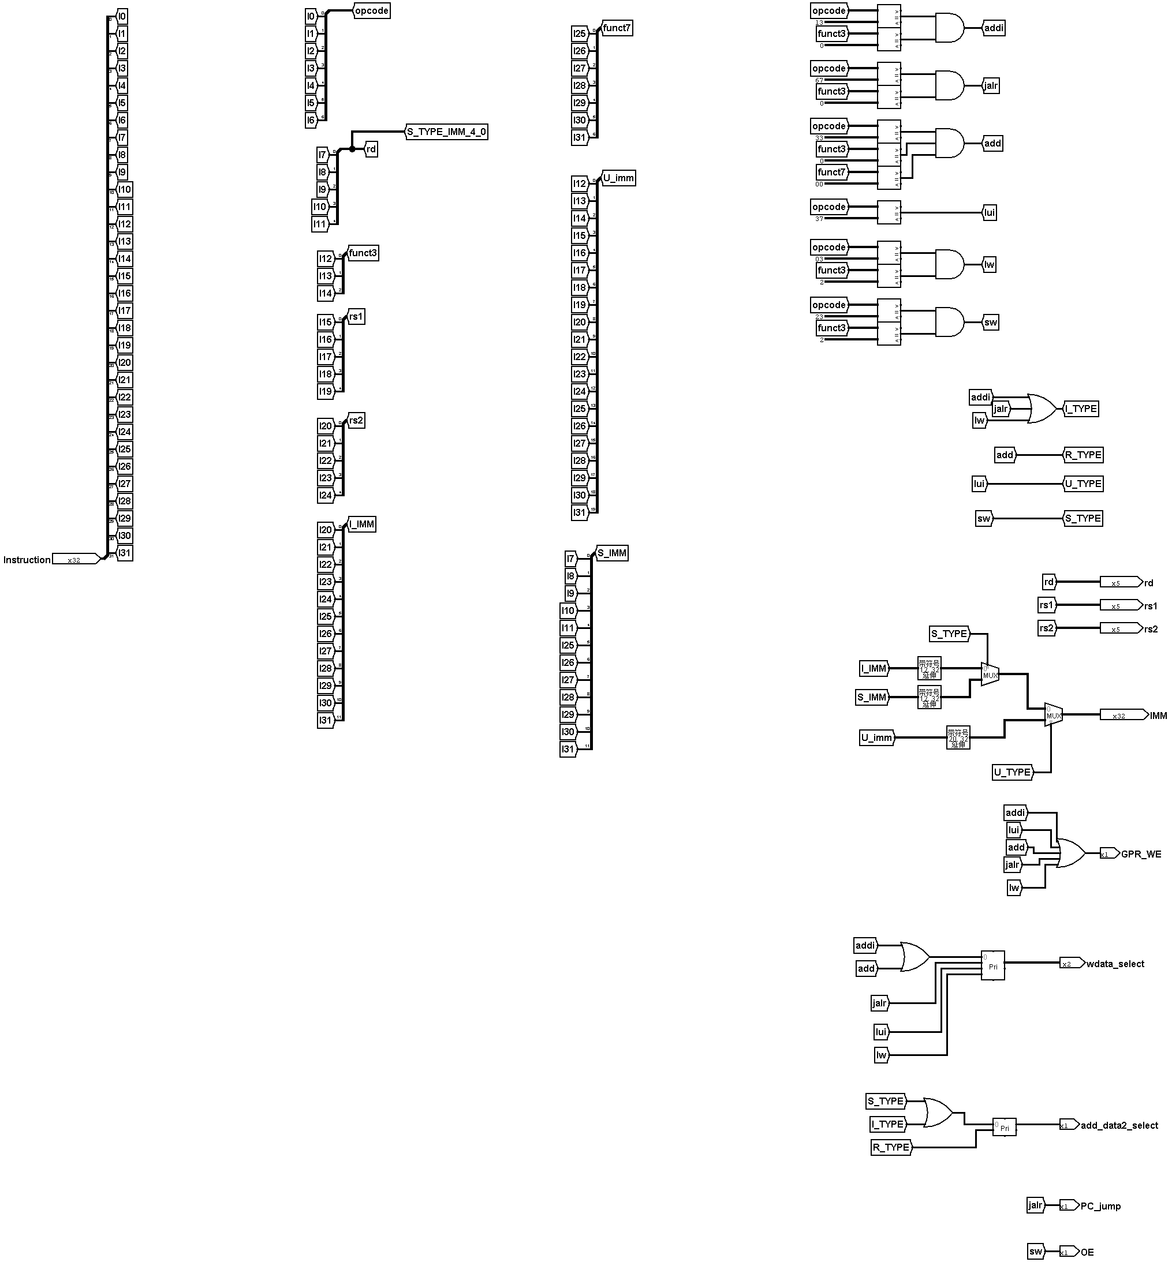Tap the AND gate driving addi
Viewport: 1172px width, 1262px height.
[949, 28]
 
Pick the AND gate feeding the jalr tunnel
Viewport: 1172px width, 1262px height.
[949, 85]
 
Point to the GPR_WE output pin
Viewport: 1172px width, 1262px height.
[1109, 854]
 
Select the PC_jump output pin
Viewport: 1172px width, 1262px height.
[1068, 1205]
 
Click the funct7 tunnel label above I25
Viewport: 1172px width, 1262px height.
[617, 28]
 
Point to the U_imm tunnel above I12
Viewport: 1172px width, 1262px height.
[618, 178]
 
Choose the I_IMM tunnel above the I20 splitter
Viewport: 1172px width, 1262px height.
[361, 524]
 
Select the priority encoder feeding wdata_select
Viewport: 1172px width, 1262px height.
[992, 965]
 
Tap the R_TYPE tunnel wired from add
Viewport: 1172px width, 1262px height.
[1083, 455]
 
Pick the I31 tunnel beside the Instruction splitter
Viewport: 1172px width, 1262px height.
[125, 553]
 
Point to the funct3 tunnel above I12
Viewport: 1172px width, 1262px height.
[363, 253]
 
